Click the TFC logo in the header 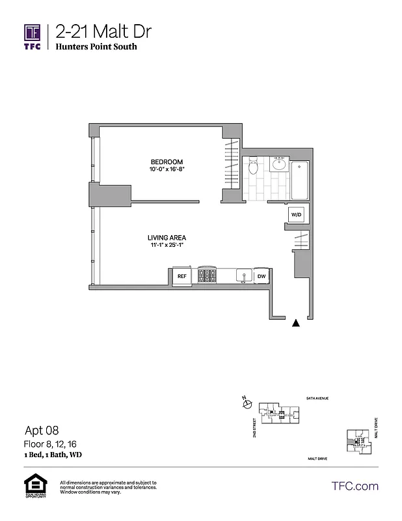(x=33, y=36)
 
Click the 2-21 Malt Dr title (x=105, y=31)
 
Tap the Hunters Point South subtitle (x=96, y=48)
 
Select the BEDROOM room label (x=167, y=162)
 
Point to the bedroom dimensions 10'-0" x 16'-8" (x=167, y=169)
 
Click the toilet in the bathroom (x=254, y=166)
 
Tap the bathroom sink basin (x=280, y=163)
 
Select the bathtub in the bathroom (x=301, y=180)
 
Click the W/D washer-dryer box (x=296, y=214)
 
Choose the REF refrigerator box (x=182, y=276)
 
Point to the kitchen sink (x=242, y=276)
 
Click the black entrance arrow (x=297, y=322)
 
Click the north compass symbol (x=247, y=404)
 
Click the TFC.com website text (x=355, y=486)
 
